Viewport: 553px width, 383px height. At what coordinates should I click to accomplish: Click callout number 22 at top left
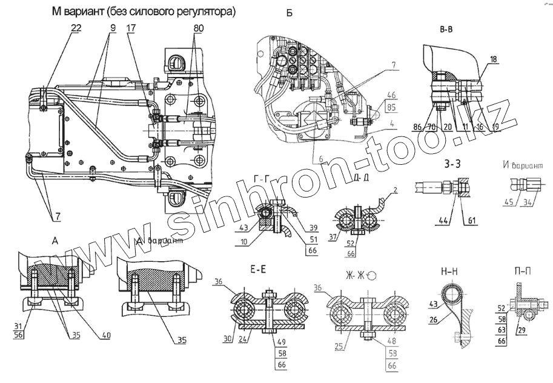click(x=75, y=28)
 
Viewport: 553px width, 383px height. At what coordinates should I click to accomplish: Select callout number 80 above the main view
click(x=197, y=28)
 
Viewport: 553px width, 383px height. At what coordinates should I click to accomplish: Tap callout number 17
click(x=131, y=28)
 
